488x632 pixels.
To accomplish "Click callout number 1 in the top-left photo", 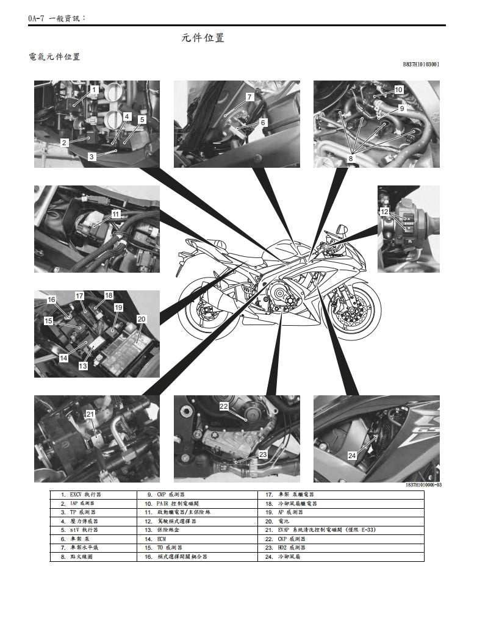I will point(94,90).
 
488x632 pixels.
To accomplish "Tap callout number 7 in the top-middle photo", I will point(249,97).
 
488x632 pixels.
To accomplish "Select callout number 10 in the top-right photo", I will point(398,90).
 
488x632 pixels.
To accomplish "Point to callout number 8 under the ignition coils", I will point(351,158).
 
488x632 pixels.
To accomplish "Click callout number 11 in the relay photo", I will point(116,215).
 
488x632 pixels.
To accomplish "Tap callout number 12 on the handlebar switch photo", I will point(384,212).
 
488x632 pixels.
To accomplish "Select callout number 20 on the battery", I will point(142,318).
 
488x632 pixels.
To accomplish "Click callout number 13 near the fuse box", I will point(82,366).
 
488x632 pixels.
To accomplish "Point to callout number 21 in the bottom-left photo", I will point(90,415).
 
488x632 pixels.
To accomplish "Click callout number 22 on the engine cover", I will point(224,406).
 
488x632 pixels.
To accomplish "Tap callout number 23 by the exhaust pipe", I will point(263,454).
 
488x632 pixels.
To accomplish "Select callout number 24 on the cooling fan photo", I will point(352,456).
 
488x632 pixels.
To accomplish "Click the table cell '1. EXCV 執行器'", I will point(91,495).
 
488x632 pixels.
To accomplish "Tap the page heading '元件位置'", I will point(203,38).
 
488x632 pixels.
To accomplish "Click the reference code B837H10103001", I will point(421,63).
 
